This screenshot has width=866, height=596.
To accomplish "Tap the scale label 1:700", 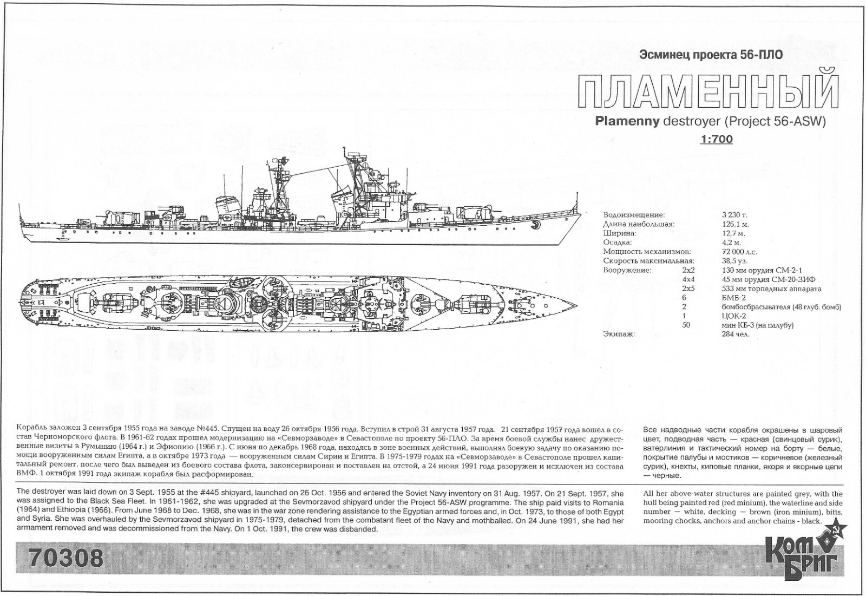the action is point(716,140).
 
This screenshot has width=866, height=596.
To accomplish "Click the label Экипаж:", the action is point(619,334).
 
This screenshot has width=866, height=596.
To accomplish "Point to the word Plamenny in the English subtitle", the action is point(627,121).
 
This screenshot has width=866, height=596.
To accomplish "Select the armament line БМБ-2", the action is point(734,298).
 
